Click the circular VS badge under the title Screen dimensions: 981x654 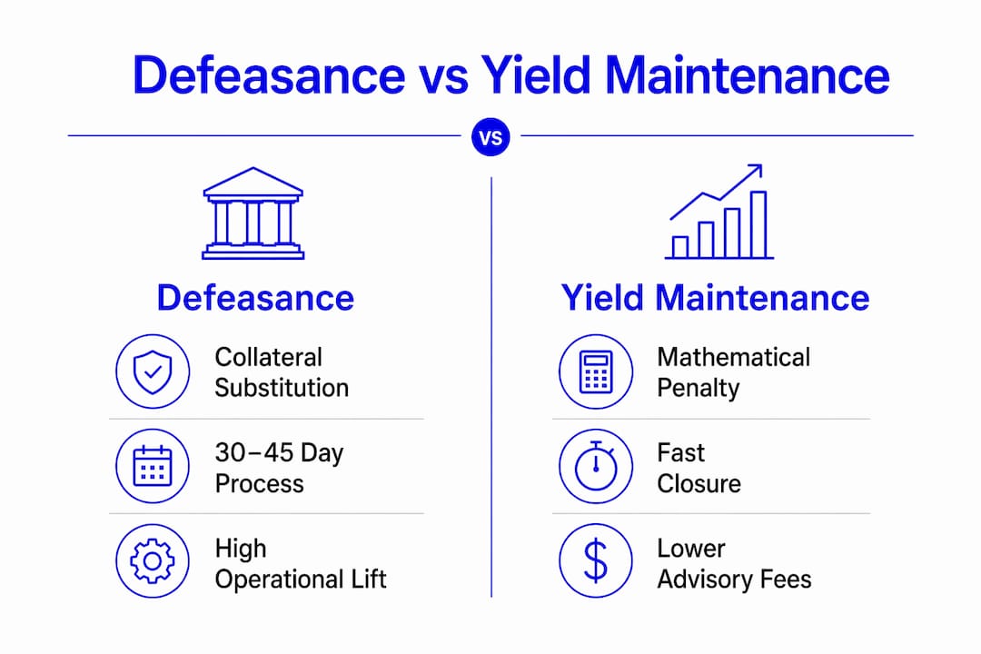(x=490, y=137)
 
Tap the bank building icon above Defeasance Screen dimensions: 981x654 (x=253, y=213)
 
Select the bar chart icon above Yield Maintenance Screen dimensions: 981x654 (x=718, y=212)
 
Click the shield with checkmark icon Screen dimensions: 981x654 (x=153, y=372)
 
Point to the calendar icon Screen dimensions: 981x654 (x=153, y=466)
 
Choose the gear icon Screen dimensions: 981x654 (x=153, y=560)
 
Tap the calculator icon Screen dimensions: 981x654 (x=596, y=372)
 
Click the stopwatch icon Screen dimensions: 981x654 (x=596, y=466)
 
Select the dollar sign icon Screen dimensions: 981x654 (x=596, y=560)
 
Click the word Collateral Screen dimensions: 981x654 (x=268, y=357)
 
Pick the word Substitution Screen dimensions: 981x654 (x=282, y=388)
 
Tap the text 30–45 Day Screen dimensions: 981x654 (x=279, y=453)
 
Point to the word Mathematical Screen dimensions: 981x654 (x=733, y=357)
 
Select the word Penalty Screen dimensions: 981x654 (x=699, y=389)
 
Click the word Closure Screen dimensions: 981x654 (x=699, y=484)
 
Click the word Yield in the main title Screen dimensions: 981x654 (x=535, y=75)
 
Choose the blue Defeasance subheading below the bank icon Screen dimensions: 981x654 (x=255, y=297)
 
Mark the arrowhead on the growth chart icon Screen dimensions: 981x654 (x=756, y=170)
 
